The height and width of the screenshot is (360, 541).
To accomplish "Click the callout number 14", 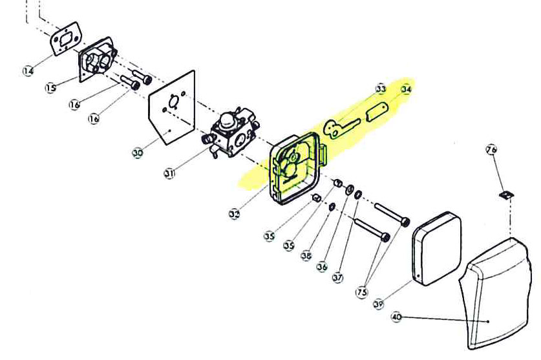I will [x=28, y=70].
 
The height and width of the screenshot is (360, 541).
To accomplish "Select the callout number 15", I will [x=51, y=87].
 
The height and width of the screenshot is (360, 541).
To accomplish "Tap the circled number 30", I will [x=138, y=153].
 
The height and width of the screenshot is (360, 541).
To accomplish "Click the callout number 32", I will [x=235, y=213].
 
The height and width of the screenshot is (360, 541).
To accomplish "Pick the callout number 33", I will [x=381, y=89].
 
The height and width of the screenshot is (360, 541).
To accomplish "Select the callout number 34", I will [x=406, y=89].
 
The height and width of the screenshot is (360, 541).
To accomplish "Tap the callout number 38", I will [x=306, y=255].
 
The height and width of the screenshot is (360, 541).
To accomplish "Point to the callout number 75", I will [x=361, y=292].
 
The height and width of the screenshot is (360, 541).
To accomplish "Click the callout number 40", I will [x=397, y=317].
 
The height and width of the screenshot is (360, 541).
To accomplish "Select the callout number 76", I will [x=491, y=150].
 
